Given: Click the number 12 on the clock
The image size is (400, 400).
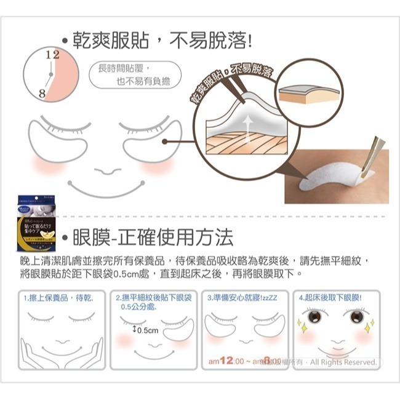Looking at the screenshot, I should (x=52, y=55).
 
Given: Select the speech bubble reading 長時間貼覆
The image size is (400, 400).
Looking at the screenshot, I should (x=129, y=74).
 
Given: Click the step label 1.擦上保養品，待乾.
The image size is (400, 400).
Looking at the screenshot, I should (x=58, y=297).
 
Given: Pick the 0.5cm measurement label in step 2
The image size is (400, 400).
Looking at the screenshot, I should (x=146, y=330).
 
